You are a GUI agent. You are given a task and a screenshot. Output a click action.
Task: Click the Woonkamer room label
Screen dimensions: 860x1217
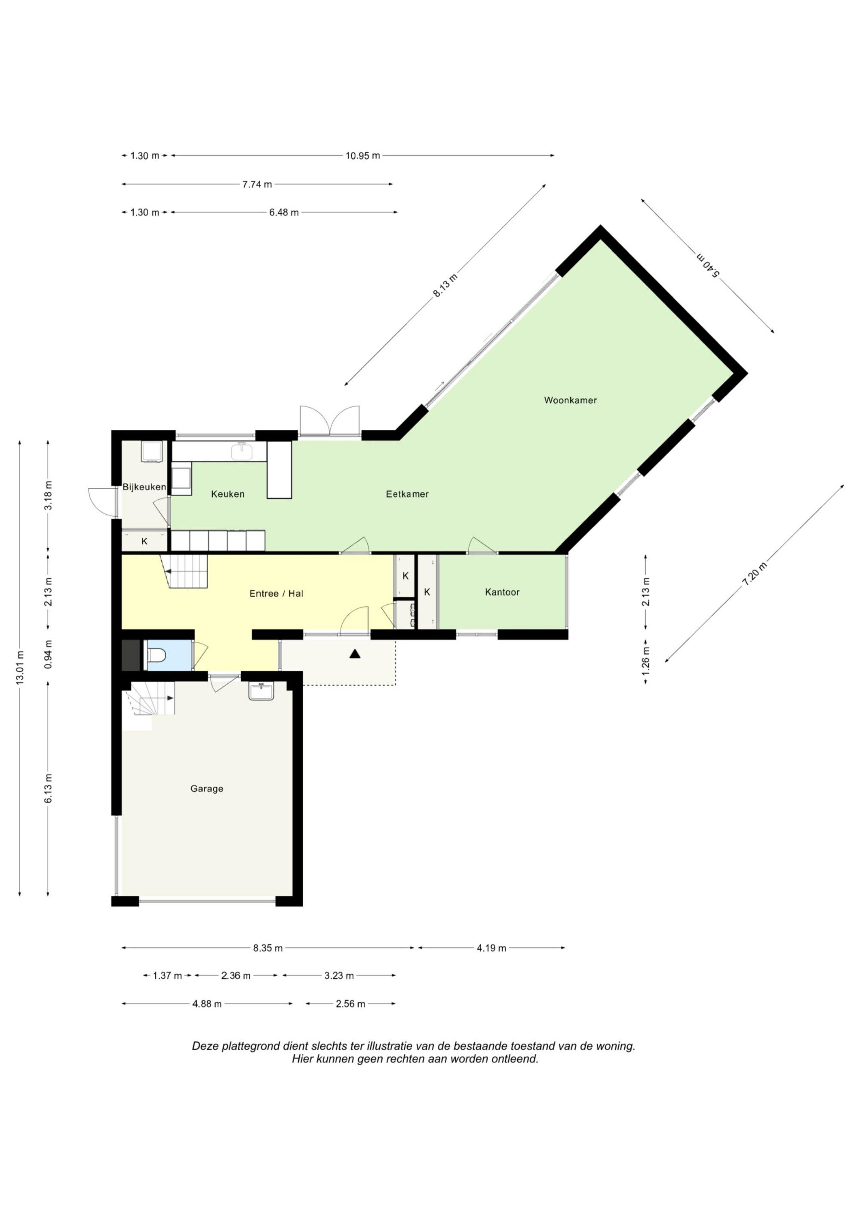(x=570, y=400)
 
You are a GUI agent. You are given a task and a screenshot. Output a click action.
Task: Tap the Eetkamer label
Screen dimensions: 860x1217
(x=407, y=494)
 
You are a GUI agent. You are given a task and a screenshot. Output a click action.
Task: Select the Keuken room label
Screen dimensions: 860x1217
(x=228, y=494)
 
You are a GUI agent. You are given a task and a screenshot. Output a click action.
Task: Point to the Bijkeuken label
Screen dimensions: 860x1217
(x=144, y=487)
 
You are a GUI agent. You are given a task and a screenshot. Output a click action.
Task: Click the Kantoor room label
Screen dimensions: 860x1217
(x=502, y=592)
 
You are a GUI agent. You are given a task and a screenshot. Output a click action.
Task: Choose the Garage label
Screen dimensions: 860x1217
(x=207, y=789)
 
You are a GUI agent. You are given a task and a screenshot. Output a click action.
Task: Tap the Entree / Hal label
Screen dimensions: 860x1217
(x=276, y=594)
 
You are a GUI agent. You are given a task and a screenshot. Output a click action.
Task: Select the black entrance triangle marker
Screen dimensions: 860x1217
(x=354, y=654)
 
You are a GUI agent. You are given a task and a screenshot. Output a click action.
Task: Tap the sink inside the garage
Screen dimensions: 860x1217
(x=261, y=692)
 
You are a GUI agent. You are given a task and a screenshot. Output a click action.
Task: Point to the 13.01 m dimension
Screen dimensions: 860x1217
(x=20, y=668)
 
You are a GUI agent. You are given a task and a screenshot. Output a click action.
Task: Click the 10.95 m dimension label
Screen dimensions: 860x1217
(x=363, y=156)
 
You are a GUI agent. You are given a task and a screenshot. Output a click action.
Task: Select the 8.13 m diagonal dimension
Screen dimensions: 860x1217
(x=445, y=286)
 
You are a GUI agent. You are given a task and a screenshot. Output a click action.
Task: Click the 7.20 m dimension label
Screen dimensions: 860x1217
(x=755, y=573)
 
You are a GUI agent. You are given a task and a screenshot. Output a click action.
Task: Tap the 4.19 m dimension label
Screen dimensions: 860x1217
(x=491, y=948)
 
